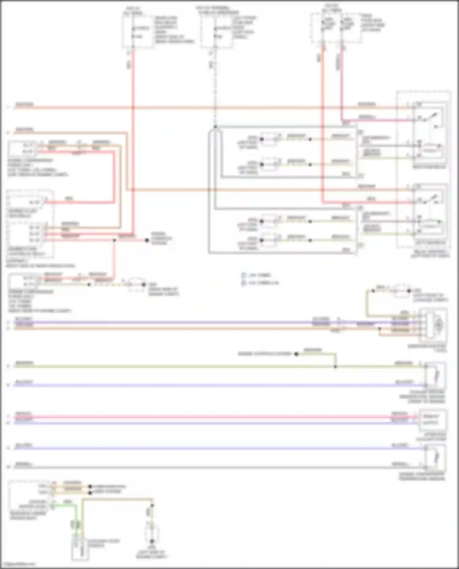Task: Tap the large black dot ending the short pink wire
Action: (x=147, y=240)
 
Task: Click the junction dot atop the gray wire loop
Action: (x=215, y=127)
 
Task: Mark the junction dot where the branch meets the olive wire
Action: (x=335, y=367)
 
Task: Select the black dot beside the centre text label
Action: (x=296, y=354)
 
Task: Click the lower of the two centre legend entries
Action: (x=260, y=283)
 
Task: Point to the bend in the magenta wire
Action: (x=342, y=120)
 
